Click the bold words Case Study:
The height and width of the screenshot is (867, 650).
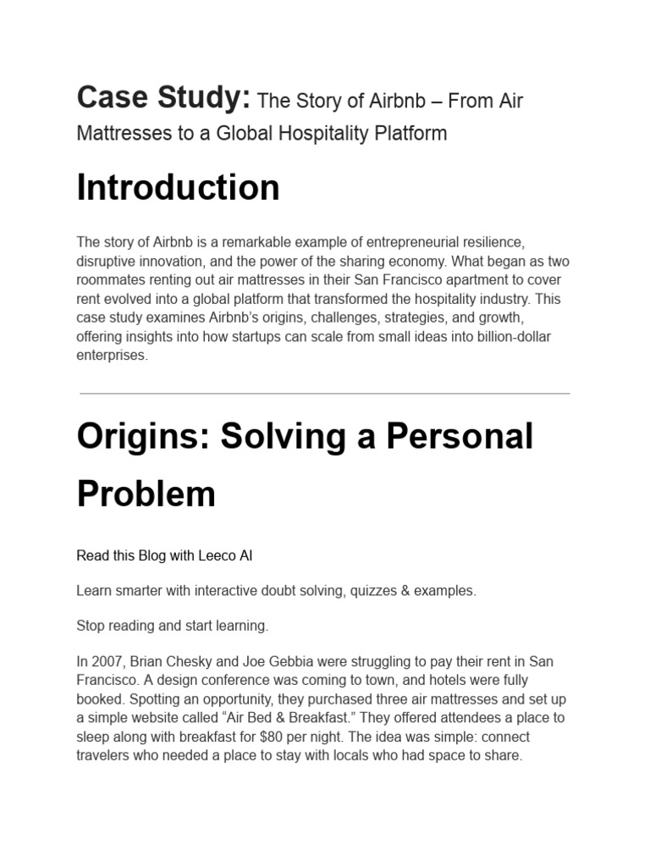tap(163, 98)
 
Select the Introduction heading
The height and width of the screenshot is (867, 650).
tap(178, 187)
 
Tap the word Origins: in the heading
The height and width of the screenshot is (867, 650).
tap(142, 436)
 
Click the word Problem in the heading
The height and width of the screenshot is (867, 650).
tap(146, 494)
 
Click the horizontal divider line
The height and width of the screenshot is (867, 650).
tap(325, 394)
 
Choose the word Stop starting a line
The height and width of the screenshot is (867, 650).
tap(91, 626)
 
